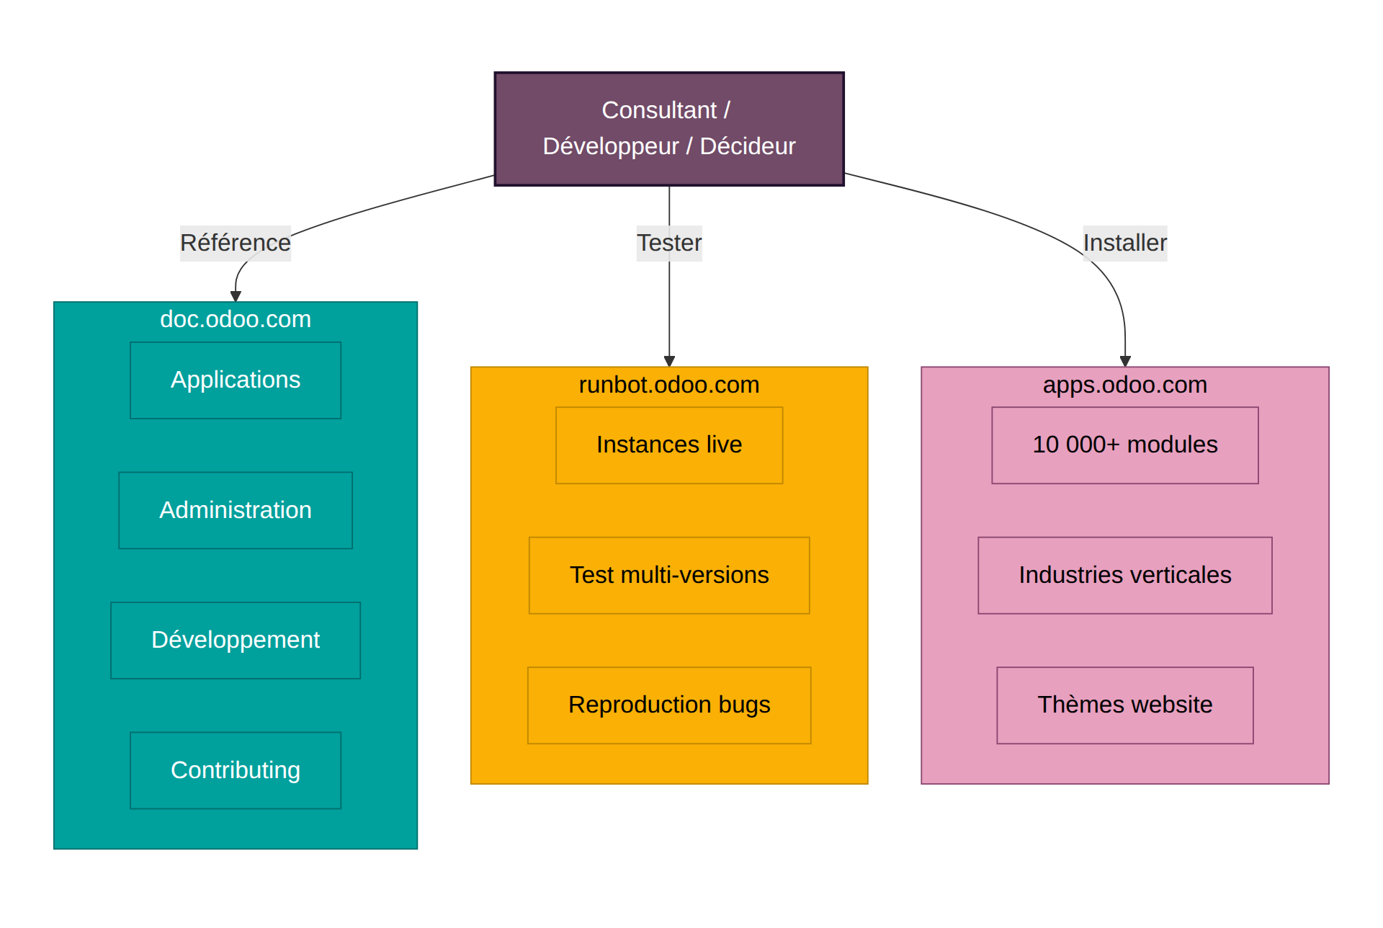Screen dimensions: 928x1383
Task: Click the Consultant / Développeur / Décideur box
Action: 668,129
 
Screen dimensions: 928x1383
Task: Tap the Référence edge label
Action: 235,243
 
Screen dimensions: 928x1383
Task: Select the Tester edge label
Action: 668,243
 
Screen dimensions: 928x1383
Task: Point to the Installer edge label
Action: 1124,243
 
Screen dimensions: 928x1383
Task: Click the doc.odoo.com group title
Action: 235,319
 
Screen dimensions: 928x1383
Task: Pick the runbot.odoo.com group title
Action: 668,385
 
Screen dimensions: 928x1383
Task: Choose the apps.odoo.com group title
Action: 1124,385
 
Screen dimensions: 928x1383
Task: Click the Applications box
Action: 235,380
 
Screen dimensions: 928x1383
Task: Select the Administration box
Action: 235,510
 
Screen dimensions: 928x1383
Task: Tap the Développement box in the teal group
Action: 235,641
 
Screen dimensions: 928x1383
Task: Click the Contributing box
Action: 235,770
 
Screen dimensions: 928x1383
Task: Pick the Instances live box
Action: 668,445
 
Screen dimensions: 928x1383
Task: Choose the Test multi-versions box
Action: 668,575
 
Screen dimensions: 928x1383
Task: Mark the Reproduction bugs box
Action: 668,705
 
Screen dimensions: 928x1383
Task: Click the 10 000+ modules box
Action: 1124,445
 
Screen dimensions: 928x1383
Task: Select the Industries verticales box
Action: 1124,575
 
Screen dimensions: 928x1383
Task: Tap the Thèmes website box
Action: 1124,705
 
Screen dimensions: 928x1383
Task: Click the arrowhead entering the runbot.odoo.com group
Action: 669,362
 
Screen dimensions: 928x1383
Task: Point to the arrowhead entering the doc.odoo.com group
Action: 236,296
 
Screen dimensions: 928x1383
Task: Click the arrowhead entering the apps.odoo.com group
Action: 1125,362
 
